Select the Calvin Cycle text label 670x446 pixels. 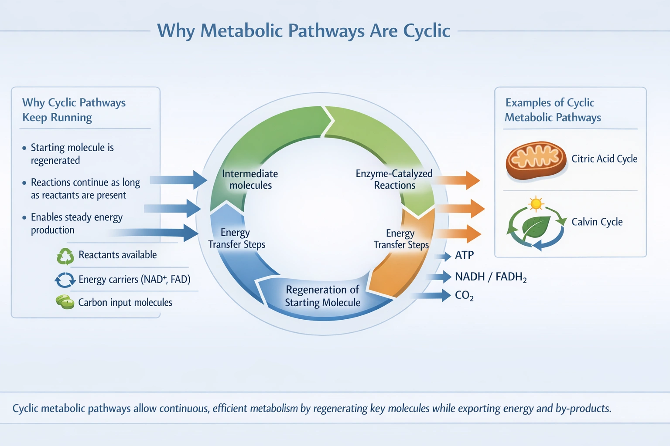coord(597,222)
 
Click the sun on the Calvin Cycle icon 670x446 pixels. coord(536,204)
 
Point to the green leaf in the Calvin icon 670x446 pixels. coord(536,227)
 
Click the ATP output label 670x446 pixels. coord(464,255)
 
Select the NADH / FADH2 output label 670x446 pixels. coord(490,277)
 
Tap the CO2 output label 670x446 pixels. coord(464,296)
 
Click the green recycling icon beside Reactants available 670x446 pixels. coord(65,256)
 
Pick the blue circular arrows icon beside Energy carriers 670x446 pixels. coord(65,280)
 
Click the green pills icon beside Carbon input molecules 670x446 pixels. coord(65,302)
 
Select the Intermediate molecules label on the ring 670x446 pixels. coord(250,179)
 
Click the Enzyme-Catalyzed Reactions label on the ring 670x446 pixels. coord(394,179)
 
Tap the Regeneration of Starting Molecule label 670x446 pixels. coord(322,296)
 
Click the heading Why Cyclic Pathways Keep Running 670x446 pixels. coord(74,110)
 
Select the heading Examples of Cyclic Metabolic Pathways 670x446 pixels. coord(552,110)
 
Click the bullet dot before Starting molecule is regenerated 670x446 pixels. coord(24,148)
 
